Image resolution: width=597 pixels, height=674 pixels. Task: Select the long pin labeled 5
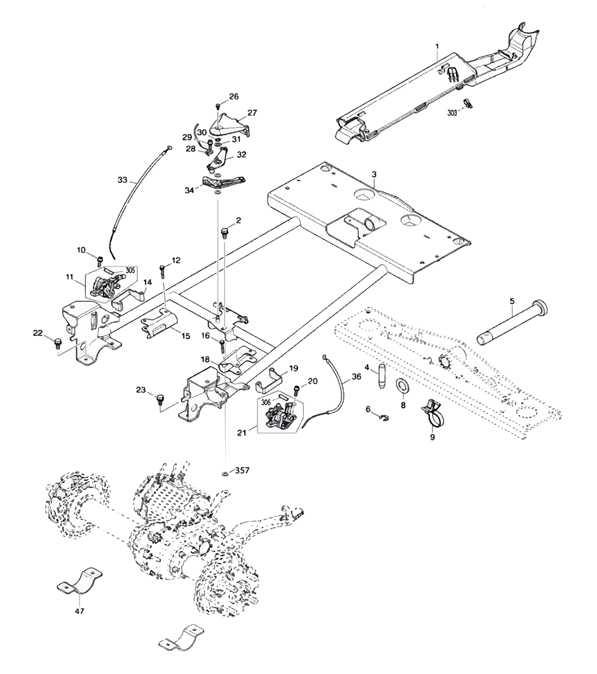click(513, 324)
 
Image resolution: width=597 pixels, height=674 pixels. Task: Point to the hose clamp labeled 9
click(433, 412)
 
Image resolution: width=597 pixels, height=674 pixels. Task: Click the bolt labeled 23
click(160, 399)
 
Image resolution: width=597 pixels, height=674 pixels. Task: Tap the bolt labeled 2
click(226, 230)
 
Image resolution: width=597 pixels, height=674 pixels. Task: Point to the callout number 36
click(356, 377)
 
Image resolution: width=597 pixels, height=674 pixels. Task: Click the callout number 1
click(437, 47)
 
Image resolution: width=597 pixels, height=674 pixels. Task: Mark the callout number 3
click(374, 174)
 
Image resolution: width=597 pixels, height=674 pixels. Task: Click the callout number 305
click(130, 269)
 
